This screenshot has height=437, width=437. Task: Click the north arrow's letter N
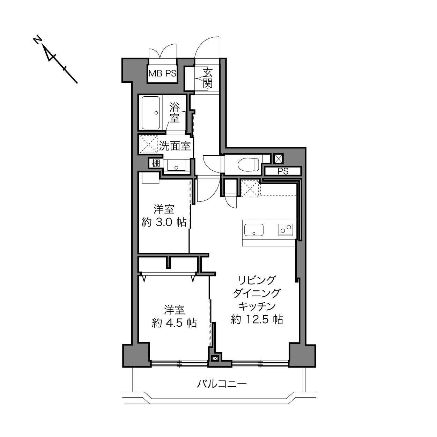tap(37, 40)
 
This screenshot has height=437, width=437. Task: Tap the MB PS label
tap(162, 74)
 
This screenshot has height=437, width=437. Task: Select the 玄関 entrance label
tap(207, 78)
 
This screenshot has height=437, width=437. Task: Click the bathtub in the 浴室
tap(150, 113)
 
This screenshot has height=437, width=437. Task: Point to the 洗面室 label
tap(175, 146)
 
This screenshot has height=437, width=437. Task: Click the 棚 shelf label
tap(156, 163)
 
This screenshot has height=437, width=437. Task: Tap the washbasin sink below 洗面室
tap(176, 165)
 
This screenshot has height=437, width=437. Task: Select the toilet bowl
tap(248, 164)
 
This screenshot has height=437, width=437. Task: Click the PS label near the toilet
tap(283, 171)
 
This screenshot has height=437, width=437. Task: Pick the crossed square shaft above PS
tap(278, 159)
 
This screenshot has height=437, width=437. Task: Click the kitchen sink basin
tap(254, 230)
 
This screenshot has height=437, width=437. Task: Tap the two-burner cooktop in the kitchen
tap(286, 229)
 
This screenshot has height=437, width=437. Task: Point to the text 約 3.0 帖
tap(164, 222)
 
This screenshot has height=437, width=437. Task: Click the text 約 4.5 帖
tap(174, 323)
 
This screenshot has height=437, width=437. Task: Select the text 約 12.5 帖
tap(257, 319)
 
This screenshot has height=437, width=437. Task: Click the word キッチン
tap(257, 306)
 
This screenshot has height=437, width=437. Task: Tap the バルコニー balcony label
tap(222, 384)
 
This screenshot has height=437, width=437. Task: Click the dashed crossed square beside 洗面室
tap(148, 144)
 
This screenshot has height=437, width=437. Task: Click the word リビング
tap(257, 280)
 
